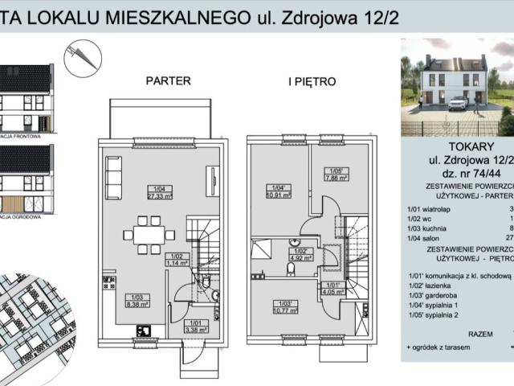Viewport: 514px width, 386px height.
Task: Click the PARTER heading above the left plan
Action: [x=168, y=81]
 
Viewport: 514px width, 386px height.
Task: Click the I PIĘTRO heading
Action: [x=312, y=81]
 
